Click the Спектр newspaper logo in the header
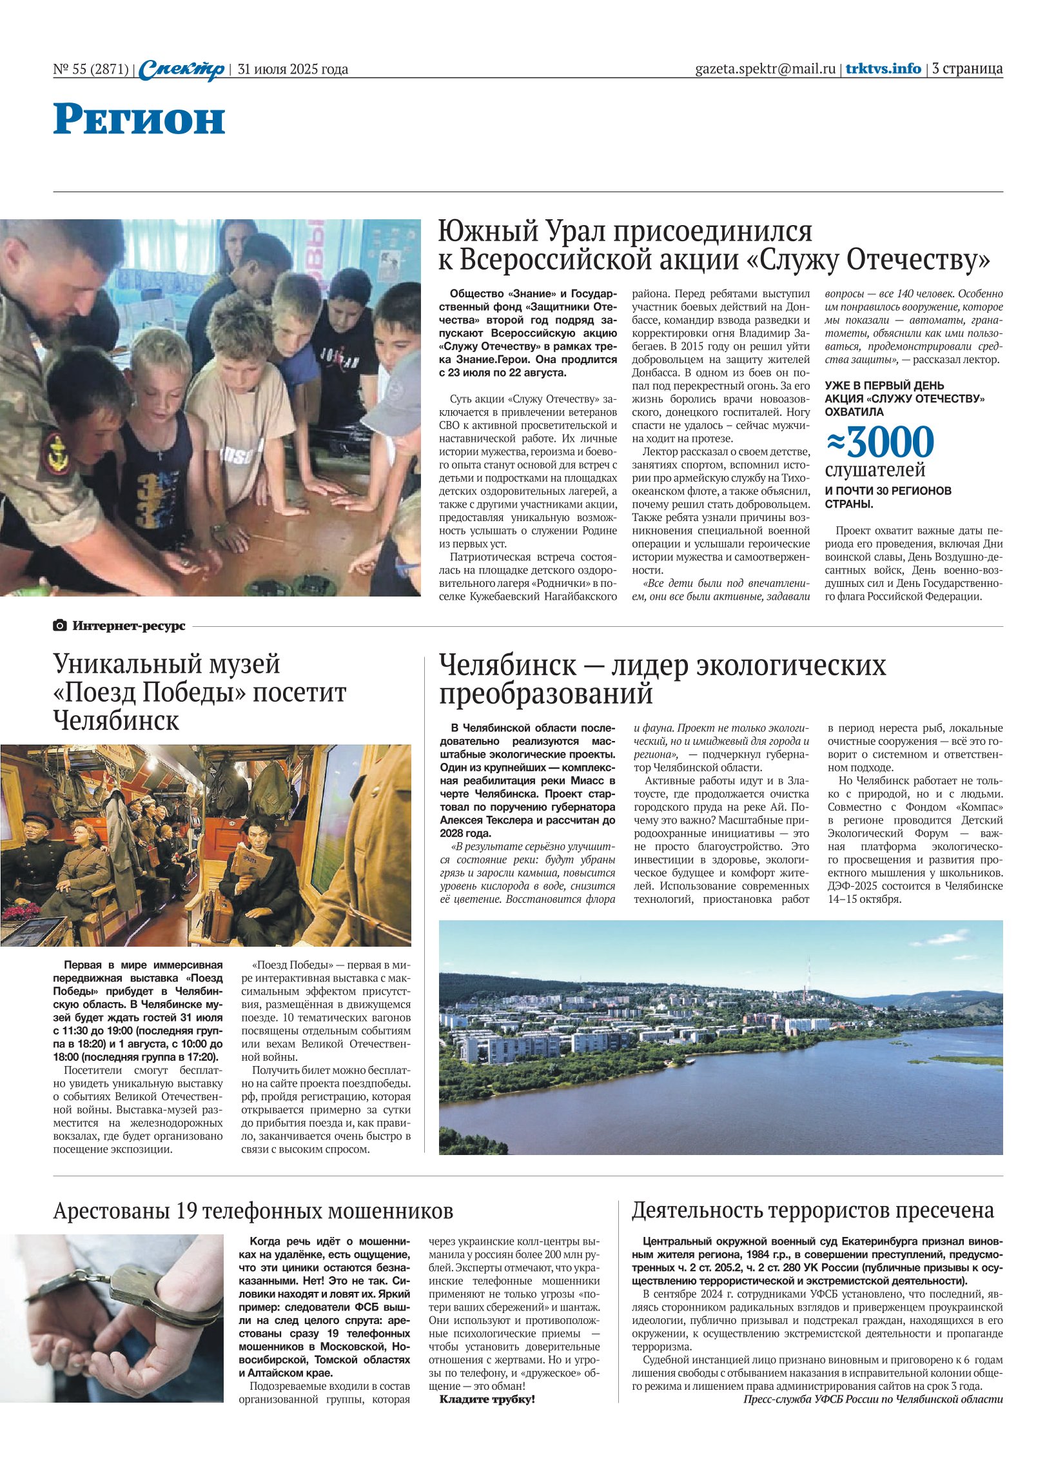point(182,69)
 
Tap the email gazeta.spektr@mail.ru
point(765,69)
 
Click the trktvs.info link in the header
point(883,69)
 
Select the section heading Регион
point(139,119)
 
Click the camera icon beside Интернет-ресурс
point(60,625)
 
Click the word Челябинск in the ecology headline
point(507,665)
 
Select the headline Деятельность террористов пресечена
point(812,1210)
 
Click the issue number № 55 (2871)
point(91,70)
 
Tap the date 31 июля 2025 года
point(293,70)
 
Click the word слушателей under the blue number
point(875,470)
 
